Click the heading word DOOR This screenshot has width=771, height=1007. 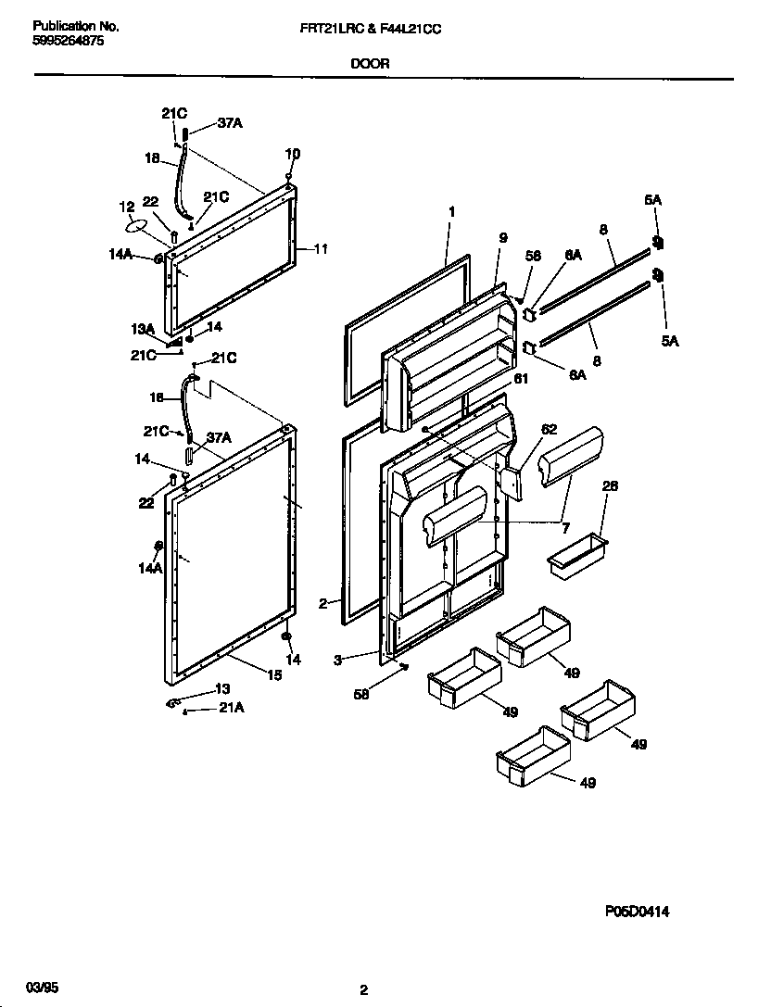(370, 64)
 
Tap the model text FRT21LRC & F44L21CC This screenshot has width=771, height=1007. (364, 29)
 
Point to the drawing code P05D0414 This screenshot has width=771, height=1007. (637, 912)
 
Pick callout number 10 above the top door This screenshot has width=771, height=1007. (292, 154)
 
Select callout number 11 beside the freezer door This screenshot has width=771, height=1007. (321, 248)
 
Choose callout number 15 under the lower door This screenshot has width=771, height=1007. (274, 675)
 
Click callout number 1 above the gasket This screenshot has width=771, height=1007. (451, 211)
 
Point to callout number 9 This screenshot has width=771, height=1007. (503, 238)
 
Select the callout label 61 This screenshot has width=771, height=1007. (521, 378)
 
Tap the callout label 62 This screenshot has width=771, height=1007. (550, 429)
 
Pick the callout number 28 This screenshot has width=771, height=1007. (610, 485)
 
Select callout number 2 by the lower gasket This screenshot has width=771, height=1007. (322, 603)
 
